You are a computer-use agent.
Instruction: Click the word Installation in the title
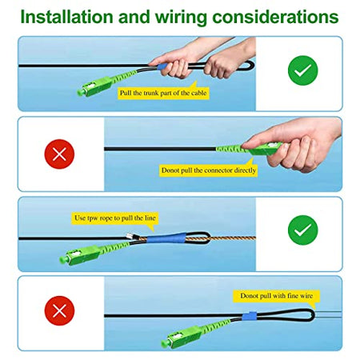pyautogui.click(x=66, y=17)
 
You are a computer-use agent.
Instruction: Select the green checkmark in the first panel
pyautogui.click(x=303, y=70)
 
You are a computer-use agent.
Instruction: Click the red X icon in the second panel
pyautogui.click(x=59, y=154)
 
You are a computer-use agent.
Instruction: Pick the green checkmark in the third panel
pyautogui.click(x=303, y=230)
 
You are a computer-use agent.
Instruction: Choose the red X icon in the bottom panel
pyautogui.click(x=59, y=310)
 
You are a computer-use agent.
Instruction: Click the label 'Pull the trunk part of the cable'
pyautogui.click(x=163, y=93)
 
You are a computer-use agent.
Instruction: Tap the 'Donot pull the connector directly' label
pyautogui.click(x=209, y=170)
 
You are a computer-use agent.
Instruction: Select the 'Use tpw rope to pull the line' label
pyautogui.click(x=115, y=218)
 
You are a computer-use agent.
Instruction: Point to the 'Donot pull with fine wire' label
pyautogui.click(x=276, y=296)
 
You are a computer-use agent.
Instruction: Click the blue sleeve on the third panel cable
pyautogui.click(x=166, y=238)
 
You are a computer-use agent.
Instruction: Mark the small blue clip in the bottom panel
pyautogui.click(x=250, y=316)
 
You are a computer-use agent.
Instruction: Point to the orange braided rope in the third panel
pyautogui.click(x=198, y=238)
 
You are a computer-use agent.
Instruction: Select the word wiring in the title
pyautogui.click(x=181, y=17)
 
